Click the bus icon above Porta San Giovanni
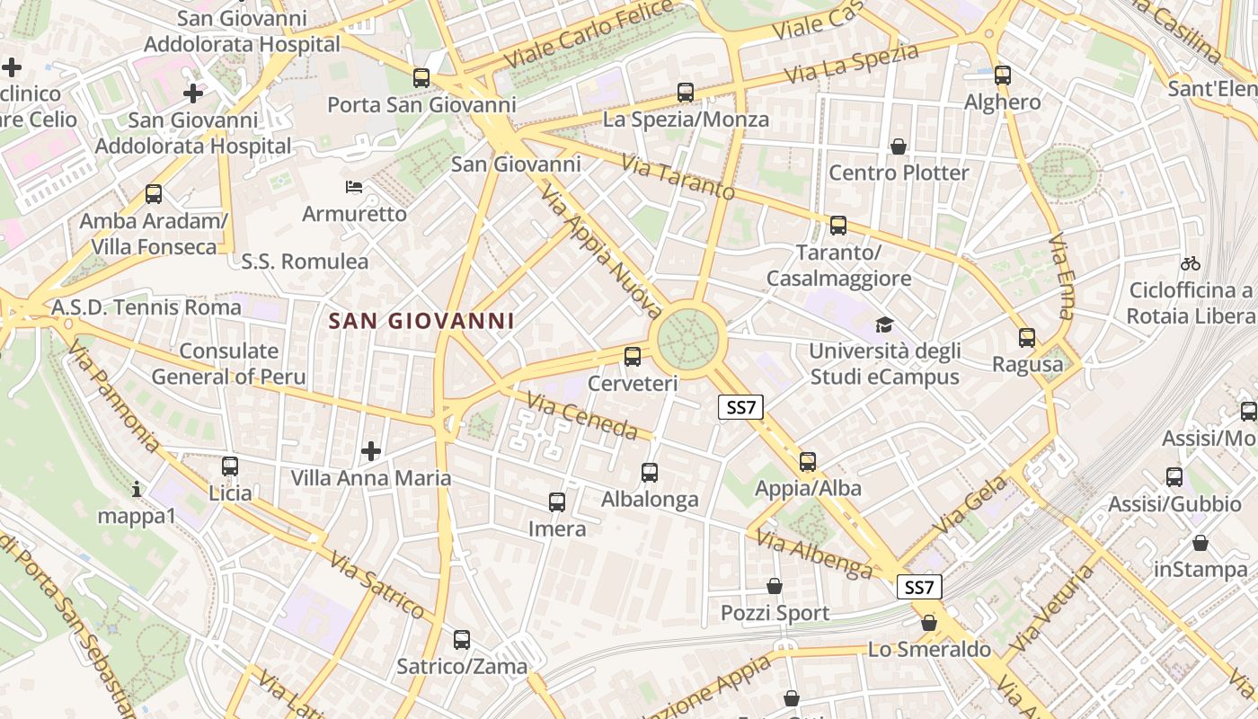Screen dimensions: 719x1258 [421, 78]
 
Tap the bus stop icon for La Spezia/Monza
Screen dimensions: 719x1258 [686, 93]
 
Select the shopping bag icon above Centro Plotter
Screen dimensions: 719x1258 [898, 146]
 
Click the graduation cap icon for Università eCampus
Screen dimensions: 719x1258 [885, 324]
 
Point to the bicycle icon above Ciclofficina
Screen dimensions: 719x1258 [1191, 263]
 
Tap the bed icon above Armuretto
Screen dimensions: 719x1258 [354, 187]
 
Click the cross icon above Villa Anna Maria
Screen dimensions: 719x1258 [371, 450]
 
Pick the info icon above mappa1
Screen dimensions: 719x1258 [137, 489]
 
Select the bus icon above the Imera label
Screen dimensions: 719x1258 [557, 502]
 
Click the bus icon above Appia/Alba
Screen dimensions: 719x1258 [808, 462]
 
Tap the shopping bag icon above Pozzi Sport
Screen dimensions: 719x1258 [775, 587]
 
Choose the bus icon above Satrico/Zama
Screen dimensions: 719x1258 [462, 640]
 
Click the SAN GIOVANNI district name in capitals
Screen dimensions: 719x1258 [421, 321]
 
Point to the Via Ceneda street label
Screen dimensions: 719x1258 [582, 416]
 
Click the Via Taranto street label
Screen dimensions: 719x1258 [678, 178]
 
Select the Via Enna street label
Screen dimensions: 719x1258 [1061, 277]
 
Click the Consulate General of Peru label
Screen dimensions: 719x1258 [229, 364]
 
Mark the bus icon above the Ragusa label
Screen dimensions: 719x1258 [1027, 338]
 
